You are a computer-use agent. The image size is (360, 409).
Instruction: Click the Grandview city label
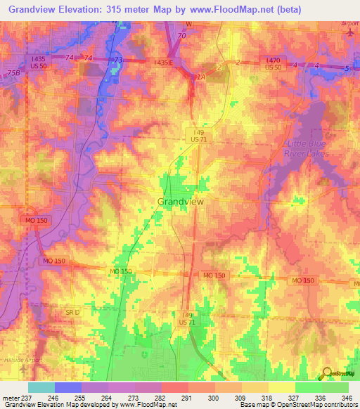180,201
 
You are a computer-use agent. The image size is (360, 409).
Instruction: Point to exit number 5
347,67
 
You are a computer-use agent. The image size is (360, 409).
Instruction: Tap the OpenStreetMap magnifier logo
327,372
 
